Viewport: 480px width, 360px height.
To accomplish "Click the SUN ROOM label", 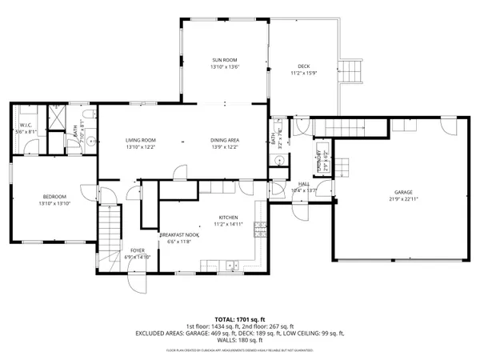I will tap(224, 61).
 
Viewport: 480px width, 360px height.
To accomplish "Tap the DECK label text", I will tap(302, 68).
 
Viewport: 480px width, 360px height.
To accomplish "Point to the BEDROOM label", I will tap(54, 197).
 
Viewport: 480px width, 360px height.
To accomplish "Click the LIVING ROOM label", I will tap(139, 140).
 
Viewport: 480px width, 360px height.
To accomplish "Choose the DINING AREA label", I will tap(226, 140).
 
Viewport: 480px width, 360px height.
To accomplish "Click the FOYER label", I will tap(138, 251).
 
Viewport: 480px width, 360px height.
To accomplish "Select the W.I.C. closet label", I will tap(25, 126).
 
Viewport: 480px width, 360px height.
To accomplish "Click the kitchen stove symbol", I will tap(260, 230).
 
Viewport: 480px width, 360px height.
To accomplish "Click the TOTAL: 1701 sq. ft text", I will tap(239, 318).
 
